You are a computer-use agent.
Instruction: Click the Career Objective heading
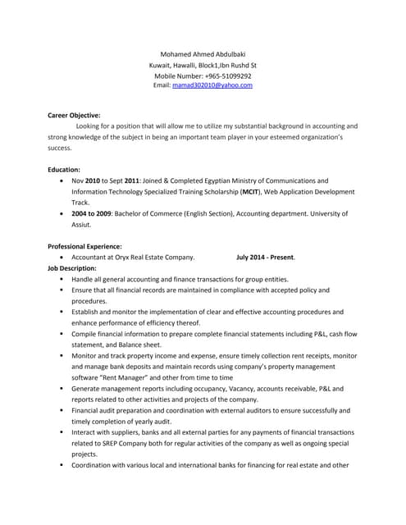point(75,116)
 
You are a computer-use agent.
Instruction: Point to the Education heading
point(64,169)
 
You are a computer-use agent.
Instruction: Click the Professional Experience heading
point(85,246)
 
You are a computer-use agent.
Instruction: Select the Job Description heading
point(72,267)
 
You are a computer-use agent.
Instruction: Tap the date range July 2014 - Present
point(265,257)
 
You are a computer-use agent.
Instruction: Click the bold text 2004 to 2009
point(91,212)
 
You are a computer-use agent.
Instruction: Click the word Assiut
point(86,223)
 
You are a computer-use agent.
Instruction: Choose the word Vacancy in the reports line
point(233,388)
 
